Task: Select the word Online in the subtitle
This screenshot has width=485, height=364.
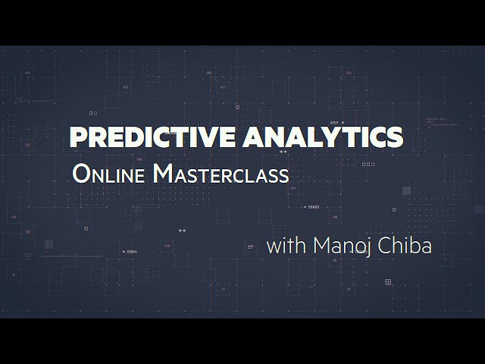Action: [x=109, y=174]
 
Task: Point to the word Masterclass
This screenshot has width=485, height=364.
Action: [x=221, y=174]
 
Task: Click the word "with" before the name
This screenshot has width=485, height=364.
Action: [x=283, y=246]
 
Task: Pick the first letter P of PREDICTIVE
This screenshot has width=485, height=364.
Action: [x=78, y=138]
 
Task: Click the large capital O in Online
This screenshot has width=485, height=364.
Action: [x=81, y=174]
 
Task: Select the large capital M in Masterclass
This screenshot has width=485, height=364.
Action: [x=162, y=174]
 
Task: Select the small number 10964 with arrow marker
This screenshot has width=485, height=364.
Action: [x=130, y=251]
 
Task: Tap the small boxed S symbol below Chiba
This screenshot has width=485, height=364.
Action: [x=388, y=281]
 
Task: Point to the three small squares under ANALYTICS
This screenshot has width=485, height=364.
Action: [x=368, y=163]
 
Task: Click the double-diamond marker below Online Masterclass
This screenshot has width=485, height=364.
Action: [x=181, y=228]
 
